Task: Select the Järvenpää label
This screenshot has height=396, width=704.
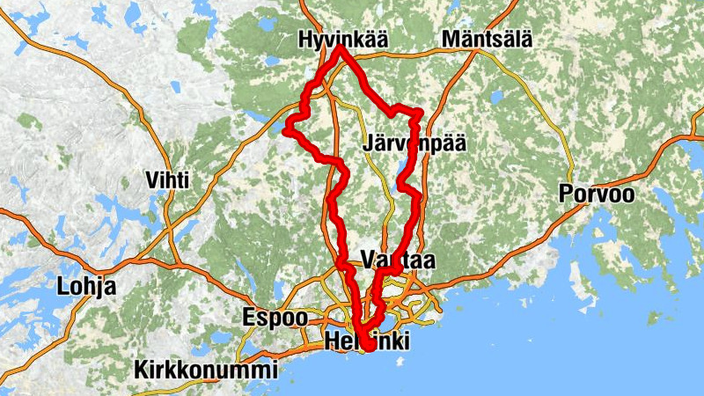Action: tap(413, 143)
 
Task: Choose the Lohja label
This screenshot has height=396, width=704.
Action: tap(86, 286)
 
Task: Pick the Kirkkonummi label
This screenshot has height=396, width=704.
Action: tap(206, 370)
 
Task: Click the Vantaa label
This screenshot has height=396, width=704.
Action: tap(398, 260)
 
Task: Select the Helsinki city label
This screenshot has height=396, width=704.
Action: tap(366, 342)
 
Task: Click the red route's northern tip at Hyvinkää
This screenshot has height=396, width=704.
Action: tap(341, 48)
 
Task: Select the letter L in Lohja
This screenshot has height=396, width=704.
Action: tap(62, 286)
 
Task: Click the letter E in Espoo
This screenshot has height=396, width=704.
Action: tap(249, 317)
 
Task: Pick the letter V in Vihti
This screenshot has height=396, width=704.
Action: tap(151, 180)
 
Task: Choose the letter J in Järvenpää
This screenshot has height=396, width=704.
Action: tap(368, 143)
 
